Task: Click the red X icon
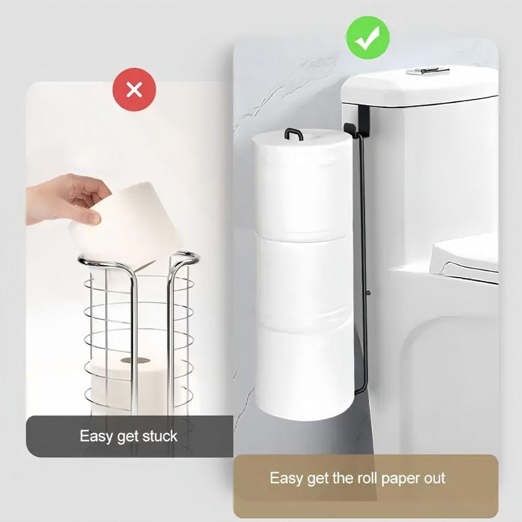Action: coord(134,90)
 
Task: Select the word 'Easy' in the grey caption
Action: coord(96,436)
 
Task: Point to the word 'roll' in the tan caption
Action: coord(354,478)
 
